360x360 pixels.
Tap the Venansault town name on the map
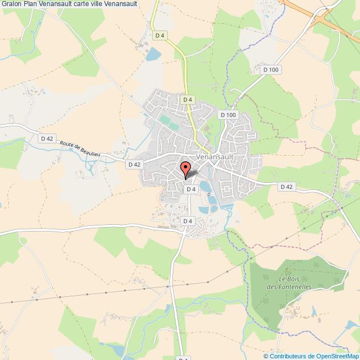tap(217, 157)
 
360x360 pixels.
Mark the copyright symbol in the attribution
tap(266, 356)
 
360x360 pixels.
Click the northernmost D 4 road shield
tap(160, 36)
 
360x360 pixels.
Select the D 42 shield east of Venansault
tap(286, 187)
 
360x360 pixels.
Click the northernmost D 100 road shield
tap(271, 69)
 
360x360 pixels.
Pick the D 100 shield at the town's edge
tap(228, 115)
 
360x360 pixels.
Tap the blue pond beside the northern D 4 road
tap(152, 54)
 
